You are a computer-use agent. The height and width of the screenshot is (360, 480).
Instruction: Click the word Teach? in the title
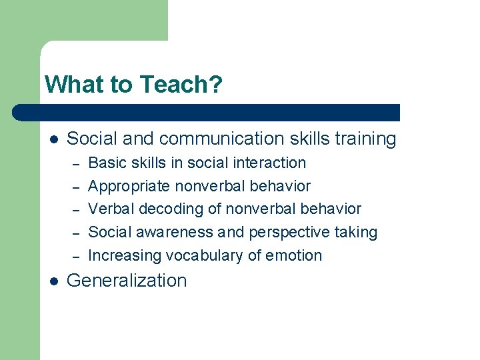click(x=181, y=85)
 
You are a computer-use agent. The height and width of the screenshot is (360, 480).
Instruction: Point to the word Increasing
click(x=125, y=255)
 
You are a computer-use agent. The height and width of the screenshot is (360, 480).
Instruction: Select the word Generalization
click(x=127, y=281)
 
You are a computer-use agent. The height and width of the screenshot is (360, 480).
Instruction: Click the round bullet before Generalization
click(x=54, y=281)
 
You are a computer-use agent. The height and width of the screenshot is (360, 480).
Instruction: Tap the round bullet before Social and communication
click(x=54, y=139)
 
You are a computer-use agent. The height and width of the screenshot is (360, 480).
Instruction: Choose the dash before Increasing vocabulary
click(x=76, y=256)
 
